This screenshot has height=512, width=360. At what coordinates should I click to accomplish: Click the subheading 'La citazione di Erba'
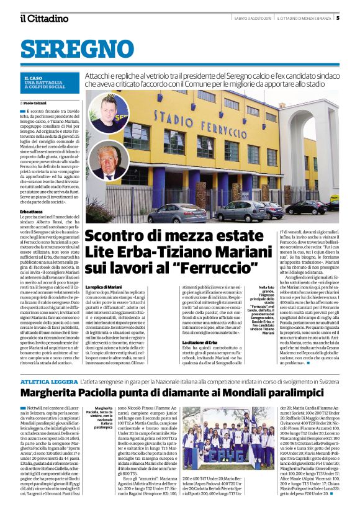point(200,343)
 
